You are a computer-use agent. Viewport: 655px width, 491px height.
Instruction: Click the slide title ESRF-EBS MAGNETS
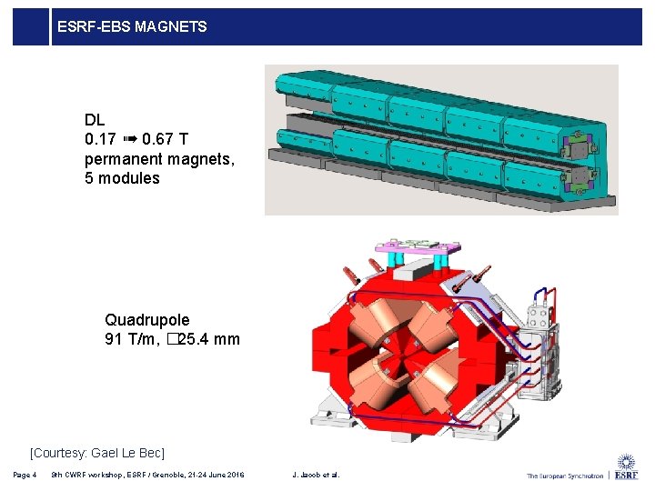pyautogui.click(x=132, y=27)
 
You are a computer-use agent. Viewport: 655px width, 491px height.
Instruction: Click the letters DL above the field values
pyautogui.click(x=95, y=120)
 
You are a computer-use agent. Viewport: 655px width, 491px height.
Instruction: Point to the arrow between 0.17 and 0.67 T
pyautogui.click(x=129, y=140)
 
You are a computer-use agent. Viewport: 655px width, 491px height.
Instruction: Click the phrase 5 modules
pyautogui.click(x=122, y=178)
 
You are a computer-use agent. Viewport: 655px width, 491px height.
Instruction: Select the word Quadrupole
pyautogui.click(x=147, y=320)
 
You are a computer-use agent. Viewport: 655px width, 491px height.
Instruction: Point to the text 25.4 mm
pyautogui.click(x=209, y=340)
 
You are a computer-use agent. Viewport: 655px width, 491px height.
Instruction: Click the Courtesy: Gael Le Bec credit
pyautogui.click(x=97, y=452)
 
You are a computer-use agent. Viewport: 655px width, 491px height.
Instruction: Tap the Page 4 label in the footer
pyautogui.click(x=25, y=475)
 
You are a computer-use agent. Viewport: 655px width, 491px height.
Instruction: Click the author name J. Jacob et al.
pyautogui.click(x=316, y=475)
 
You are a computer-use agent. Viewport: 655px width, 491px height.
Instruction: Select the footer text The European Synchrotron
pyautogui.click(x=565, y=476)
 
